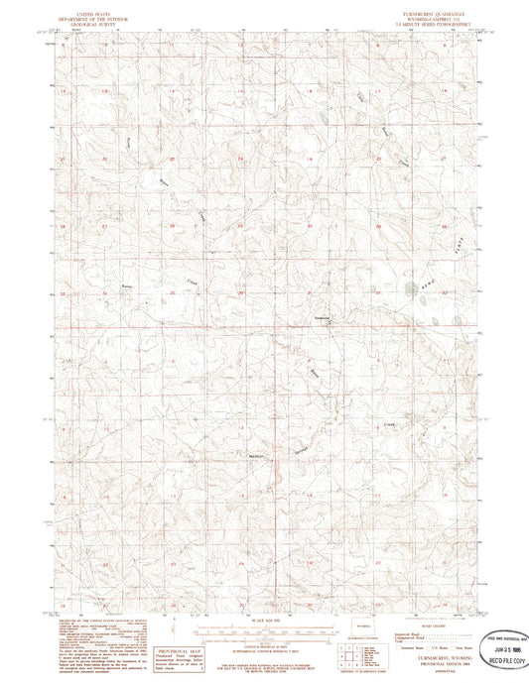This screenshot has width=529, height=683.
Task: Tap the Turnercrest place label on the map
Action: (x=322, y=318)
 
